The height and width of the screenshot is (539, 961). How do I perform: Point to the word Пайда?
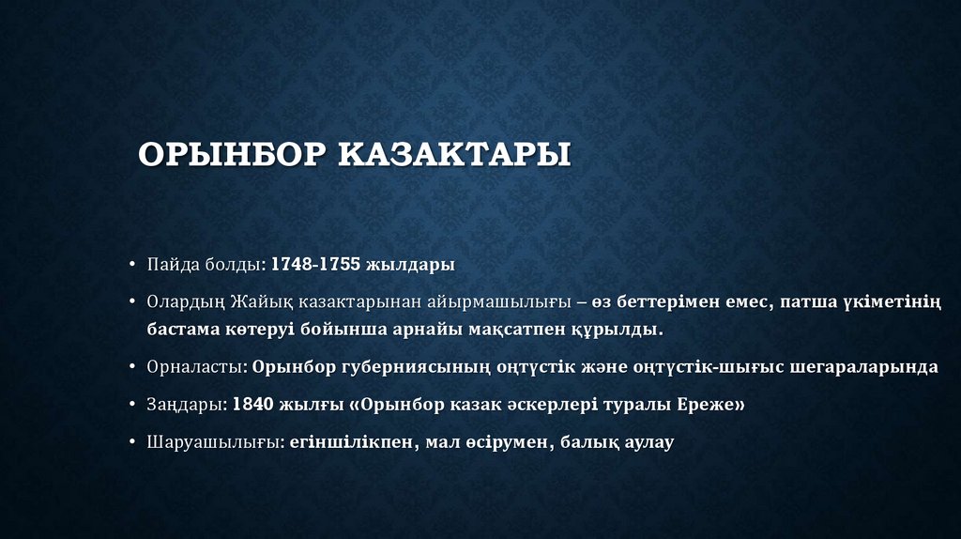pos(168,264)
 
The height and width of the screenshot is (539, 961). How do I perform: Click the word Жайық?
pos(248,301)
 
